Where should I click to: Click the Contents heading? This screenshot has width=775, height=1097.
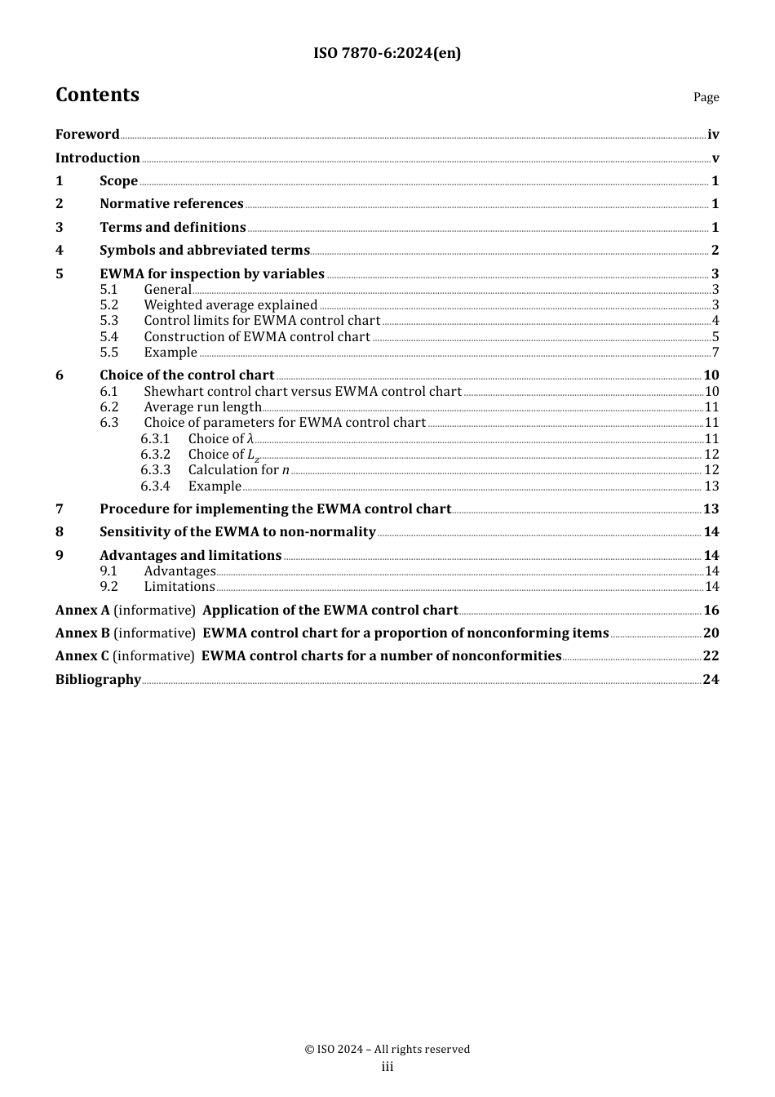click(97, 95)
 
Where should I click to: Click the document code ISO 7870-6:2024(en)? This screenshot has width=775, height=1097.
click(387, 54)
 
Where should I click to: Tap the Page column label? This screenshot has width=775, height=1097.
click(706, 97)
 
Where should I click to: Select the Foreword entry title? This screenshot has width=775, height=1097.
click(87, 135)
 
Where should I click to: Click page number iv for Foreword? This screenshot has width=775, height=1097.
click(713, 135)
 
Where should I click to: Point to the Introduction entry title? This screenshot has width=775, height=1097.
click(98, 158)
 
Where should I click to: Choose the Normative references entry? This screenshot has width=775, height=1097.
click(171, 204)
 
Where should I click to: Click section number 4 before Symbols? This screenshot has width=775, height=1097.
click(60, 251)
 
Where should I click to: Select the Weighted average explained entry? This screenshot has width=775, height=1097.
click(230, 305)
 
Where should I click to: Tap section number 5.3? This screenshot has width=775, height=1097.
click(109, 321)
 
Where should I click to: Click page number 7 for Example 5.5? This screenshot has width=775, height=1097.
click(715, 353)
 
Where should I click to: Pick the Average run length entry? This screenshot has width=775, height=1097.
click(202, 407)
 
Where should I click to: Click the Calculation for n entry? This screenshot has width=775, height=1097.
click(238, 470)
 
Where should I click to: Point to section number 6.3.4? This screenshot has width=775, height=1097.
click(155, 486)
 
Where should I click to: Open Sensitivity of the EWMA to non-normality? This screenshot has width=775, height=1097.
click(237, 532)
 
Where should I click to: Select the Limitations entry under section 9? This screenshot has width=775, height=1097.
click(179, 587)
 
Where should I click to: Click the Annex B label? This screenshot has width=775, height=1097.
click(82, 633)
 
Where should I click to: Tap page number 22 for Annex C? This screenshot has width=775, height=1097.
click(711, 656)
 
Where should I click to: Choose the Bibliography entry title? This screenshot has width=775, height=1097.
click(98, 680)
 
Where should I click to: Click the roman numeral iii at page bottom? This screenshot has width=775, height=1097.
click(387, 1067)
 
